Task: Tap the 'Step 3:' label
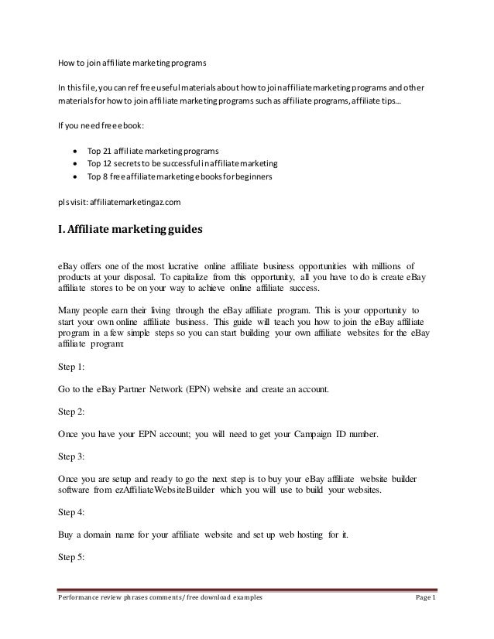72,457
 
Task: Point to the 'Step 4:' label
72,512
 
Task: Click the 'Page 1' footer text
423,619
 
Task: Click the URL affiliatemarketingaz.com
137,202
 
